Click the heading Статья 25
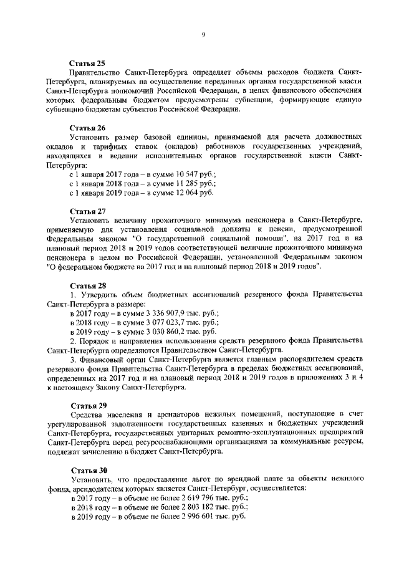[x=87, y=64]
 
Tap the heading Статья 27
[x=87, y=211]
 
